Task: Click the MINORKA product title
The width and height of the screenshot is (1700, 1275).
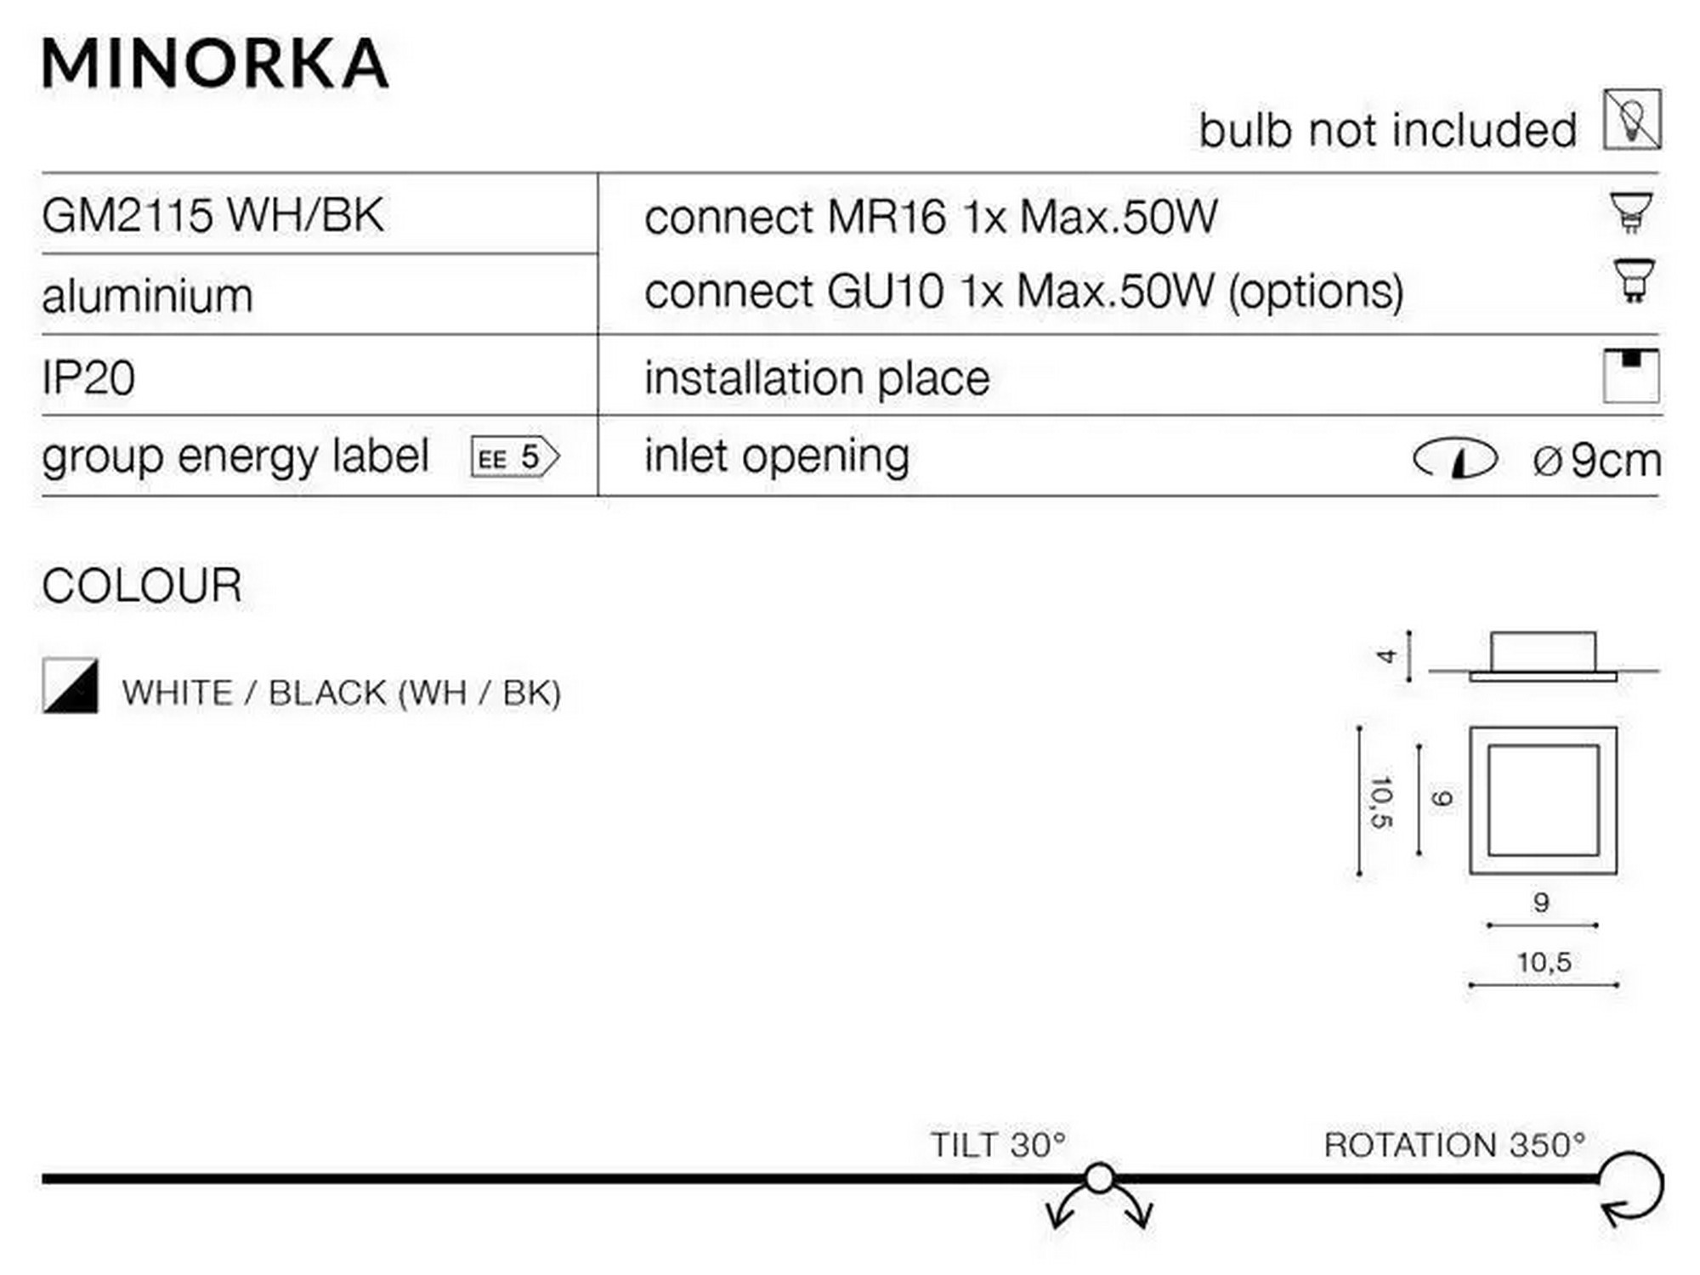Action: coord(216,64)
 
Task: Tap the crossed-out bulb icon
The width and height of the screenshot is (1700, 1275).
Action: coord(1633,119)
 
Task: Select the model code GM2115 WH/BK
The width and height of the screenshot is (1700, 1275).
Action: coord(212,215)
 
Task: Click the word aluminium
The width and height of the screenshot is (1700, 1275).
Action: coord(148,297)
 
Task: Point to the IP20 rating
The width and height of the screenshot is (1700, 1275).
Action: coord(88,377)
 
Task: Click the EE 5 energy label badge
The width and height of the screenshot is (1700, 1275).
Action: coord(515,457)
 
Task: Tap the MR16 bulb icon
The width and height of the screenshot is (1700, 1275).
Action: coord(1631,212)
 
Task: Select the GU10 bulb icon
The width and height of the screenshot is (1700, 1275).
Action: coord(1633,280)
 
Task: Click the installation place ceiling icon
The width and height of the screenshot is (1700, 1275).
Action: coord(1631,375)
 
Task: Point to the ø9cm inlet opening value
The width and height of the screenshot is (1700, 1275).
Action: coord(1597,460)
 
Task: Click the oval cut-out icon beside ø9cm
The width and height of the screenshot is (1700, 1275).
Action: coord(1454,459)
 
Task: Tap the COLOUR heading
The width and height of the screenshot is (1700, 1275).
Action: coord(142,586)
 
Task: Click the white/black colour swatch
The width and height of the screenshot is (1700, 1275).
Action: coord(71,685)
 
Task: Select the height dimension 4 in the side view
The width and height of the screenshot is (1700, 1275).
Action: coord(1386,655)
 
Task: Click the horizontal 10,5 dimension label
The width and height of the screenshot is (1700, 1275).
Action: coord(1544,962)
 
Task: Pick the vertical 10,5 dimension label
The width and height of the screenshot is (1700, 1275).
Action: coord(1382,802)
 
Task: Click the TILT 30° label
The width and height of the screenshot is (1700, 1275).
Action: coord(998,1145)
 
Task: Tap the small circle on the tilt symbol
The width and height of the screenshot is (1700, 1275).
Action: coord(1100,1179)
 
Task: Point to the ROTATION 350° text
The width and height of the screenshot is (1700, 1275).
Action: coord(1454,1145)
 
